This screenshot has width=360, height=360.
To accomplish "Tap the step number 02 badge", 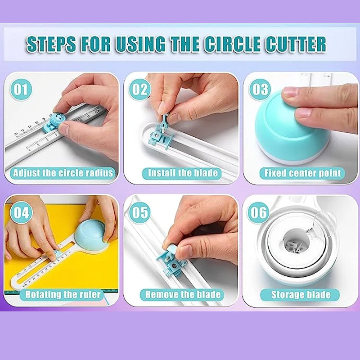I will (x=139, y=90).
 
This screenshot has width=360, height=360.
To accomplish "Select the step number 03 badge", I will (x=260, y=90).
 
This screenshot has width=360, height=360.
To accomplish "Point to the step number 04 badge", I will (x=21, y=212).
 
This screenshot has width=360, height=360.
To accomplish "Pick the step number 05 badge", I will (x=139, y=212).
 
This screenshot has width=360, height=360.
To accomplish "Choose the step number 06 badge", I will (x=259, y=212).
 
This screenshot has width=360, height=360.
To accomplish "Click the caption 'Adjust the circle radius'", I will (x=63, y=173).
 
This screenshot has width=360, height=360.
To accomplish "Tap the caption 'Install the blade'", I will (x=183, y=173).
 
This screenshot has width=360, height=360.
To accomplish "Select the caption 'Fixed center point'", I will (x=302, y=173).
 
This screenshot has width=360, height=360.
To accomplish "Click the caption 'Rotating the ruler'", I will (x=63, y=295).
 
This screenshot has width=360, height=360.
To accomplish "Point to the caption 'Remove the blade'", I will (x=183, y=295).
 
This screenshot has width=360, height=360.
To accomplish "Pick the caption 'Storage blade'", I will (x=301, y=295).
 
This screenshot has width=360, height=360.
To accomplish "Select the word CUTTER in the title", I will (x=297, y=44).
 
